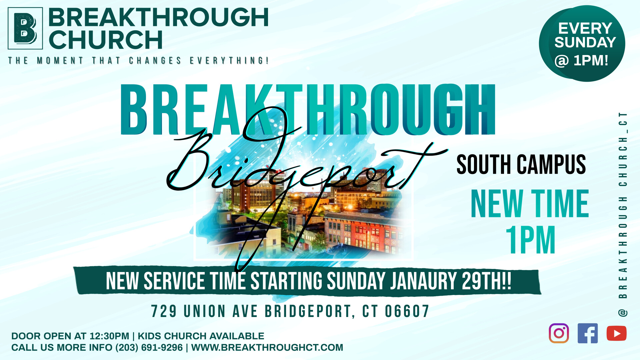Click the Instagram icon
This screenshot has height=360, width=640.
click(x=559, y=333)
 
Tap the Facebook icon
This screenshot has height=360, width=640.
click(x=587, y=333)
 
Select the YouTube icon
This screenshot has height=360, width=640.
click(x=616, y=333)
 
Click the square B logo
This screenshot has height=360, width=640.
click(x=25, y=28)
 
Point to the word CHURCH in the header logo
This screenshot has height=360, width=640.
click(x=106, y=40)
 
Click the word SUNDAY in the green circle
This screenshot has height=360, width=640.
click(x=585, y=42)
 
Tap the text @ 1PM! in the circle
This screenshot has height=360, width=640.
click(x=581, y=61)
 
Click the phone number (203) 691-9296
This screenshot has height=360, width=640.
click(x=149, y=347)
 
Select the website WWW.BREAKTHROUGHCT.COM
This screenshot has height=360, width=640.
click(x=267, y=347)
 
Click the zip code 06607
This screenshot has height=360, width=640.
click(x=407, y=311)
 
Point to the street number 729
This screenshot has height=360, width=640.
click(x=164, y=311)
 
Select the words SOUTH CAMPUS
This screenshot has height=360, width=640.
click(x=521, y=164)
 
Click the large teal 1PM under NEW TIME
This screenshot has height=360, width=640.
click(x=530, y=240)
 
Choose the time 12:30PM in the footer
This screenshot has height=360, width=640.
click(x=109, y=336)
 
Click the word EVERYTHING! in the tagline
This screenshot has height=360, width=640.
click(x=229, y=61)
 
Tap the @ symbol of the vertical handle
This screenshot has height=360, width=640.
click(x=623, y=313)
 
